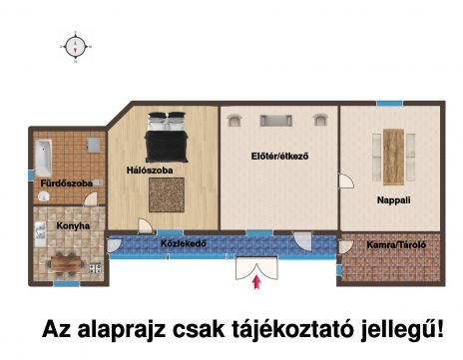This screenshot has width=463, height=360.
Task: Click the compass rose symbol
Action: coord(76,47)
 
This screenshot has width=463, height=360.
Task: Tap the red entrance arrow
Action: coord(256,282)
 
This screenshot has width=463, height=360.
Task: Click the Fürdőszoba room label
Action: coord(67,183)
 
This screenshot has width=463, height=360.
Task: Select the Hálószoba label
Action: coord(150,171)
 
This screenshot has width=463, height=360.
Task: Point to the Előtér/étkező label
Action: coord(279,156)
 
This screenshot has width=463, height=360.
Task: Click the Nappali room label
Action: coord(393,200)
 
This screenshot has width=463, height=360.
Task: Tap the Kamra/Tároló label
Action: coord(396,245)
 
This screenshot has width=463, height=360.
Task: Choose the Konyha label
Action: coord(73,226)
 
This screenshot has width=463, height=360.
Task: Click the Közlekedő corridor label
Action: coord(184,243)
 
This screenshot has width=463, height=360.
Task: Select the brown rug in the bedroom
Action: coord(167,194)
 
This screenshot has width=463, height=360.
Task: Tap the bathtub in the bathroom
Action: coord(44,158)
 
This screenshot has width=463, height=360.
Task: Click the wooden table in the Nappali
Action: coord(393,157)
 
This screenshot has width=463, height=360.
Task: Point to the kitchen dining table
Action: coord(66,263)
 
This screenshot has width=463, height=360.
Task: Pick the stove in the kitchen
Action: coord(96,268)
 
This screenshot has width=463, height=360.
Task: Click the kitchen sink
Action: coord(40,230)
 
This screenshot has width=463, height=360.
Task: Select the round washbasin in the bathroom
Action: coord(44,197)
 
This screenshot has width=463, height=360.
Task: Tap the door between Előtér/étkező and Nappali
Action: coord(346,181)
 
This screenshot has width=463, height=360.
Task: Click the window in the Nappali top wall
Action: coord(389,104)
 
